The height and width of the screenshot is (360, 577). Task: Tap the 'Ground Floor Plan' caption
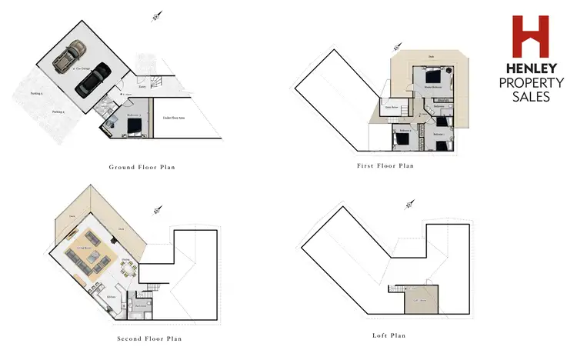tap(142, 167)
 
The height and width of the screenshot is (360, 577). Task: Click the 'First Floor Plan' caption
tap(385, 165)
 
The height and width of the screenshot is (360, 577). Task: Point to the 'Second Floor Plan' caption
tap(149, 338)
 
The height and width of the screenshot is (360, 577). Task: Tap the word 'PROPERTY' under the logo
tap(531, 82)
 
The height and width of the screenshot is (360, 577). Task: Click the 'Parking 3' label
tap(35, 93)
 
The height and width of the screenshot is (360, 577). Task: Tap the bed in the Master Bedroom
tap(435, 78)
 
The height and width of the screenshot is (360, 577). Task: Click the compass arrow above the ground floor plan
tap(155, 15)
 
